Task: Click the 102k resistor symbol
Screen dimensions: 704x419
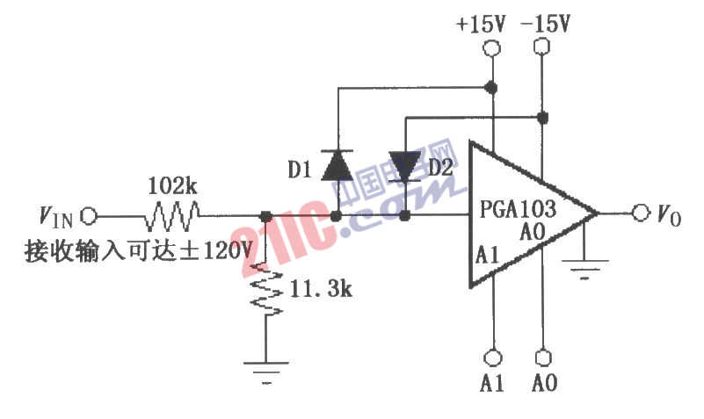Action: click(172, 216)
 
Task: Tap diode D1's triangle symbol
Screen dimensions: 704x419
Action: click(337, 166)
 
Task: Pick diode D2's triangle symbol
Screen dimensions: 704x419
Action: click(404, 167)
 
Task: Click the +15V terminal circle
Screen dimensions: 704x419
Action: click(492, 47)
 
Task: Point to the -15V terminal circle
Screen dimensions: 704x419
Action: click(542, 47)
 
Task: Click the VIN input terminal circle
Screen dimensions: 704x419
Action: click(89, 216)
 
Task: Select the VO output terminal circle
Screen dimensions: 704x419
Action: click(641, 213)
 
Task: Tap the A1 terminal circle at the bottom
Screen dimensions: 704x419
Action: click(492, 358)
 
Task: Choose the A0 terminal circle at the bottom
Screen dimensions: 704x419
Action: click(543, 358)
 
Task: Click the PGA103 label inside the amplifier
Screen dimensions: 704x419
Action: click(518, 208)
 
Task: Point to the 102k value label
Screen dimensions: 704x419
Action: click(172, 185)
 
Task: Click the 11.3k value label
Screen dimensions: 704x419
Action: click(321, 288)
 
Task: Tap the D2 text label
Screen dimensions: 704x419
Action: click(440, 168)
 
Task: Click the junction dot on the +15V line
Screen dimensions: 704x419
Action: click(492, 88)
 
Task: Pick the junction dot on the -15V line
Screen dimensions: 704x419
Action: click(543, 118)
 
